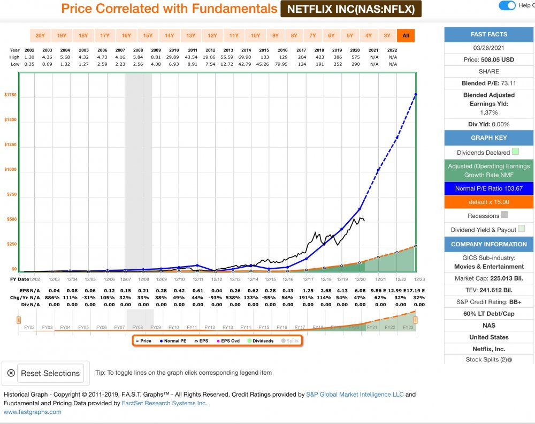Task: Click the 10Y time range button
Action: tap(255, 36)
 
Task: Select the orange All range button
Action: tap(406, 36)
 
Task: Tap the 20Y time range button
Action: tap(40, 36)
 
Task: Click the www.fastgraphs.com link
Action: tap(33, 412)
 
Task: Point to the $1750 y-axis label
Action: tap(11, 95)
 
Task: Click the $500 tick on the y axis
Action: tap(12, 219)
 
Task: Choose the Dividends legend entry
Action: tap(261, 340)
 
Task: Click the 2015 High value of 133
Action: tap(264, 57)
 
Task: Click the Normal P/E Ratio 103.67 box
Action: tap(489, 188)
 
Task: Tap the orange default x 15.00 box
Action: tap(489, 202)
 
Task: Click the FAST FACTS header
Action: tap(489, 34)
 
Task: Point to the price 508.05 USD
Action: tap(489, 59)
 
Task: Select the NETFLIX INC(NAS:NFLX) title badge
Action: tap(351, 9)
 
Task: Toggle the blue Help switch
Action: tap(507, 5)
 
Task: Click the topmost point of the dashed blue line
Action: tap(416, 94)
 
